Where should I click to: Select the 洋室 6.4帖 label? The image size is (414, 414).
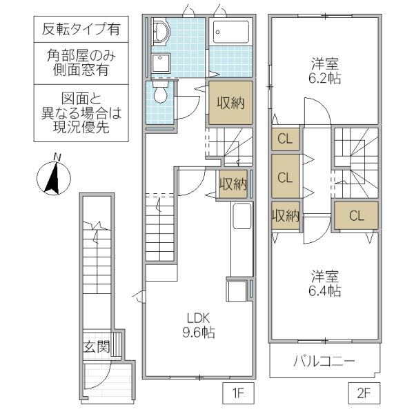(x=324, y=283)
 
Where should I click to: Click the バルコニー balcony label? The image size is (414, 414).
(x=324, y=362)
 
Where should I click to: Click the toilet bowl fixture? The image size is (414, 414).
(x=160, y=94)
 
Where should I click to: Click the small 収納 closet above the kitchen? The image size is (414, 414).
(x=233, y=184)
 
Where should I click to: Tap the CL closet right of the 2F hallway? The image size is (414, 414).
(x=356, y=215)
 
